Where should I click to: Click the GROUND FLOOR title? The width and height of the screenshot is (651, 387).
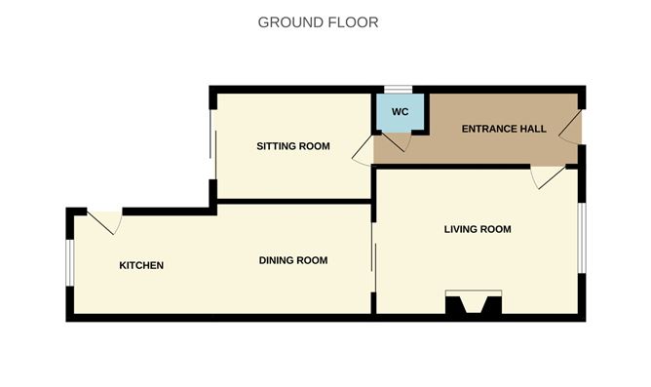pos(318,21)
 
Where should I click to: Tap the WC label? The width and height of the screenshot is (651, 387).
pos(400,112)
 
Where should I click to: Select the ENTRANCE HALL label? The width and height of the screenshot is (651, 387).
pos(504,129)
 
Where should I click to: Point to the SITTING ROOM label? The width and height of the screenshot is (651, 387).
pos(292,146)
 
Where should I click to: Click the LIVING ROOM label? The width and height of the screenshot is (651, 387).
pos(478,230)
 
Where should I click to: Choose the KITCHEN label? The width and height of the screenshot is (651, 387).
pos(141,266)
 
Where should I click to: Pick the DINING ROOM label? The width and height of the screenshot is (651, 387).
pos(292,260)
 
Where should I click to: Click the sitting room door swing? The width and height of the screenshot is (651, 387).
pos(362,149)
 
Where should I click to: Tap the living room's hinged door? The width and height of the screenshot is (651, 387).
pos(546,176)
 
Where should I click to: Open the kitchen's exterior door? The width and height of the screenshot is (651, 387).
pos(105,221)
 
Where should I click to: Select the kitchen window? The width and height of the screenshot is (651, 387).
pos(68,264)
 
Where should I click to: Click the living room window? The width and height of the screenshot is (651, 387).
pos(582,237)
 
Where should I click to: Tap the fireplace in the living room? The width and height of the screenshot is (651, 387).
pos(474,304)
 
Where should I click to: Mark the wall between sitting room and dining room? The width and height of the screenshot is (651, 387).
pos(292,201)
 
